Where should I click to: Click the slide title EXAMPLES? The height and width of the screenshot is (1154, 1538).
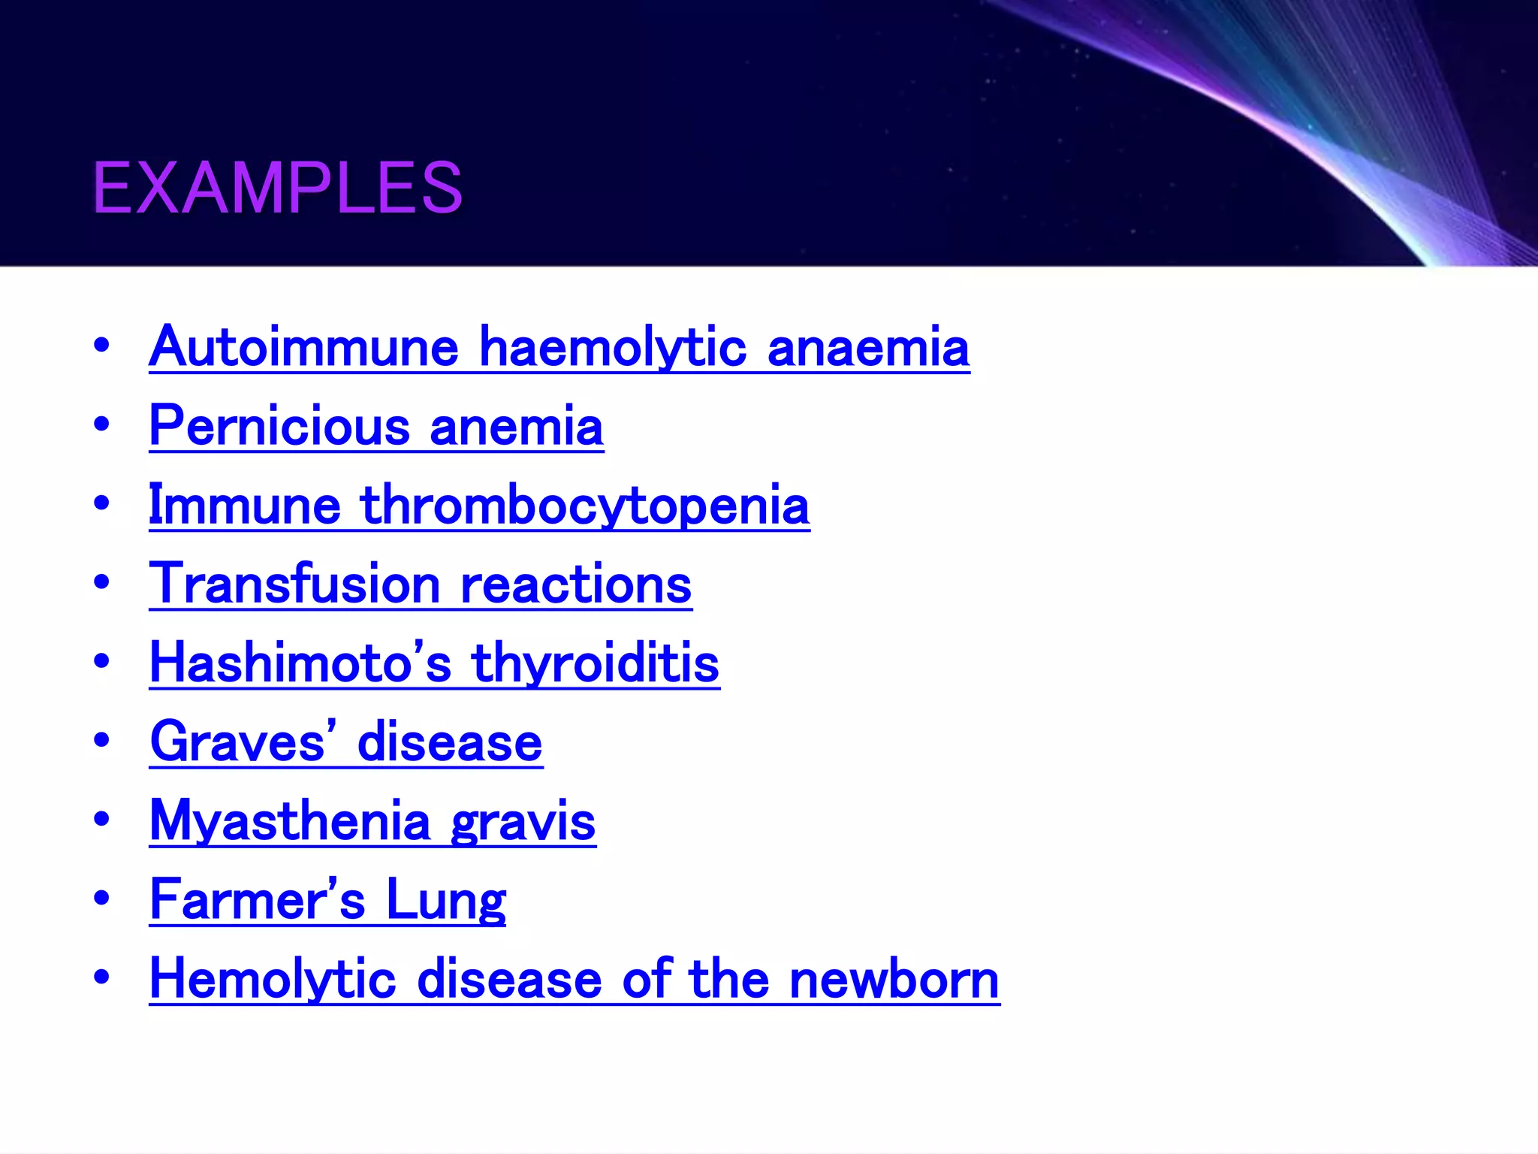click(277, 187)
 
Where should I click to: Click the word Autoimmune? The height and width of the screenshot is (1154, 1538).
click(303, 347)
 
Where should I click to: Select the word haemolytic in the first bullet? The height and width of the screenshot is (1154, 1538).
click(613, 349)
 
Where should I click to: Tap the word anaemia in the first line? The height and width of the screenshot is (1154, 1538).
click(868, 349)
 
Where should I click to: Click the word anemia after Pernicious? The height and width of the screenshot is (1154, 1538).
click(517, 427)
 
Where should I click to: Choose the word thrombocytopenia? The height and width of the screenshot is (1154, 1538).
click(585, 506)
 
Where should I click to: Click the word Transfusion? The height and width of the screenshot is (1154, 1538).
click(295, 584)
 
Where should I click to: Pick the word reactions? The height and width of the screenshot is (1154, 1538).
click(576, 585)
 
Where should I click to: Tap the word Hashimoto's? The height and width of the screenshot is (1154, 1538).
click(300, 663)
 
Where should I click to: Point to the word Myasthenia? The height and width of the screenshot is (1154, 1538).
click(290, 822)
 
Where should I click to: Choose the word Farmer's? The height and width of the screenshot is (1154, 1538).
click(258, 900)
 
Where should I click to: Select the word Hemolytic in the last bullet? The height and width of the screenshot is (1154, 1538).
click(273, 980)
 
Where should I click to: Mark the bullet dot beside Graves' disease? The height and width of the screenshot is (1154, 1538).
click(101, 740)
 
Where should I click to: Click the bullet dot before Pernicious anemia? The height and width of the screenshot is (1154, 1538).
click(101, 424)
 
